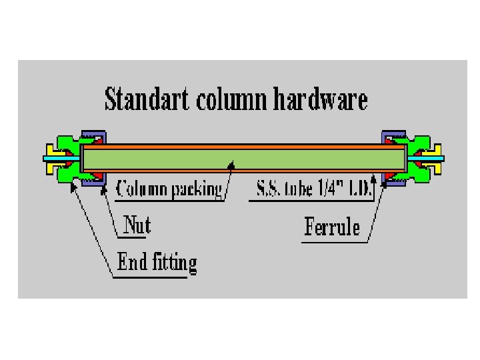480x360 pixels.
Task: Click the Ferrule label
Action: [332, 227]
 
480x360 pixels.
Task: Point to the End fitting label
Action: [157, 262]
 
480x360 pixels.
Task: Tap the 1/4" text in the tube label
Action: [328, 189]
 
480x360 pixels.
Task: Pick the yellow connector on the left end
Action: [51, 158]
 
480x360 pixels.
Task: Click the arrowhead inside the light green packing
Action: [231, 162]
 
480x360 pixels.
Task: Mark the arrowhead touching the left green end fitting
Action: [73, 187]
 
